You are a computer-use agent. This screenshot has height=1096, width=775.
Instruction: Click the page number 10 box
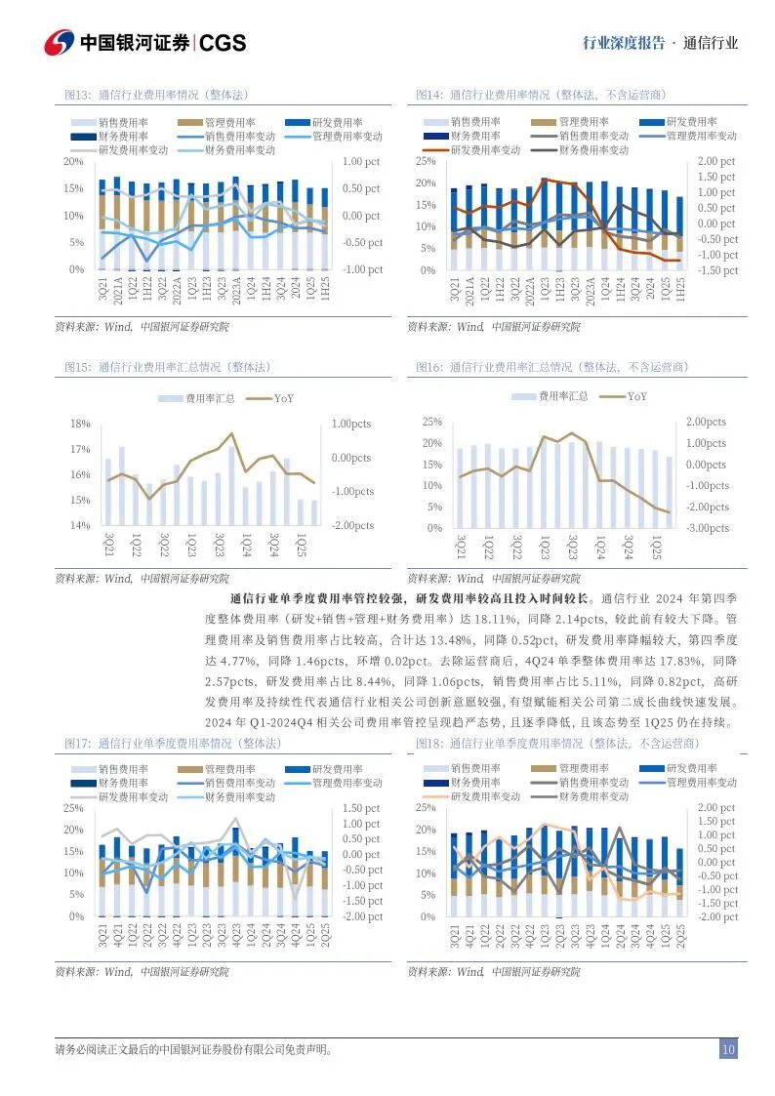728,1050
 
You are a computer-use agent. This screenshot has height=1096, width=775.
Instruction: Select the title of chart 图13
155,95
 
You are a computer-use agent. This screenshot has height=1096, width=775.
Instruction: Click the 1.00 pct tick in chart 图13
362,161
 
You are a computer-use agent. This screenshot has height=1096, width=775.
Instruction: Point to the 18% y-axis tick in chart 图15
80,425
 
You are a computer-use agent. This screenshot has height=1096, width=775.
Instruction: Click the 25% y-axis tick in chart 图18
426,808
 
